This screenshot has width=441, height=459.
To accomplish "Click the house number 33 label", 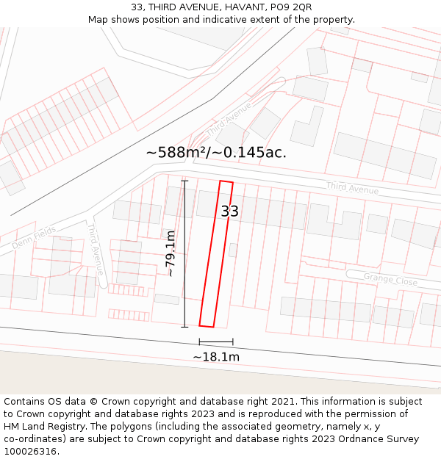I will [230, 212].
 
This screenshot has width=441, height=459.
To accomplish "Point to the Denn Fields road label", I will [34, 237].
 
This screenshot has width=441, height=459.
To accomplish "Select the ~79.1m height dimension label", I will [170, 253].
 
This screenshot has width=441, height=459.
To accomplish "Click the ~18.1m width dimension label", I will [216, 357].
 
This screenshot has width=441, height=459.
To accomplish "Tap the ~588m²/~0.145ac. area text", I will [216, 153].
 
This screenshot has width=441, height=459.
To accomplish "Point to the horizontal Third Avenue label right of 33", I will [352, 188].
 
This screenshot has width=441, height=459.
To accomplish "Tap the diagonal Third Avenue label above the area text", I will [229, 120].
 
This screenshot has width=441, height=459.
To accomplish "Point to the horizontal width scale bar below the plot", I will [216, 341].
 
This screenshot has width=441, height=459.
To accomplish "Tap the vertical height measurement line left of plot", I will [184, 253].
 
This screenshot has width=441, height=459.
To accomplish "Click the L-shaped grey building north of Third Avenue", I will [306, 126].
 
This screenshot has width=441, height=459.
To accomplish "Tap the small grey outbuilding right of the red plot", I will [233, 250].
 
